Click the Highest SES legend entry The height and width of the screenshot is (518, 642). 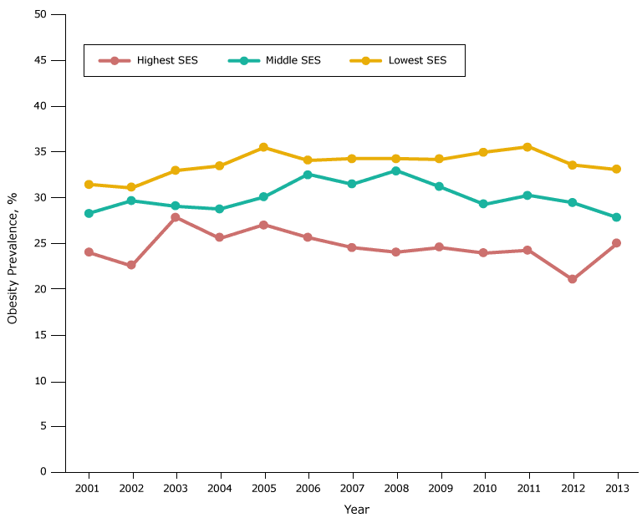coord(149,60)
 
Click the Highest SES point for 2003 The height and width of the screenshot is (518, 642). coord(176,217)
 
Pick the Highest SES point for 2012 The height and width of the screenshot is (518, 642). coord(573,279)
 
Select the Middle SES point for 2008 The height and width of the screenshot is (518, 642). coord(396,170)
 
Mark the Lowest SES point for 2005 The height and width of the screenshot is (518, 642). coord(263,147)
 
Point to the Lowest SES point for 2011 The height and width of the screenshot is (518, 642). coord(527,147)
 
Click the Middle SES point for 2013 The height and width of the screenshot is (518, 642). coord(616,217)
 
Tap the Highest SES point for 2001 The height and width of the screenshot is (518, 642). coord(89,252)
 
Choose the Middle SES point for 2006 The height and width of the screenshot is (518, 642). coord(308,175)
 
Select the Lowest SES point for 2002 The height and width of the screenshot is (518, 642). coord(131,188)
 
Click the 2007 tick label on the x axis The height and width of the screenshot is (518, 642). coord(352,488)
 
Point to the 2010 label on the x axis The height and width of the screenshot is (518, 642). coord(484,488)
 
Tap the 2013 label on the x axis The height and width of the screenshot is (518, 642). coord(616,488)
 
